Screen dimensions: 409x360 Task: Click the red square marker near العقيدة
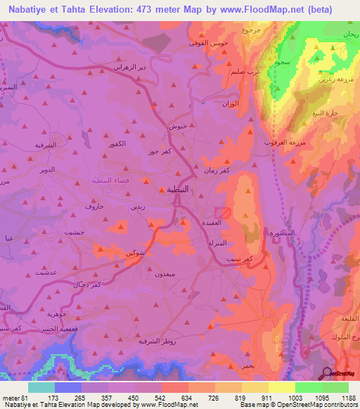pyautogui.click(x=223, y=212)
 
